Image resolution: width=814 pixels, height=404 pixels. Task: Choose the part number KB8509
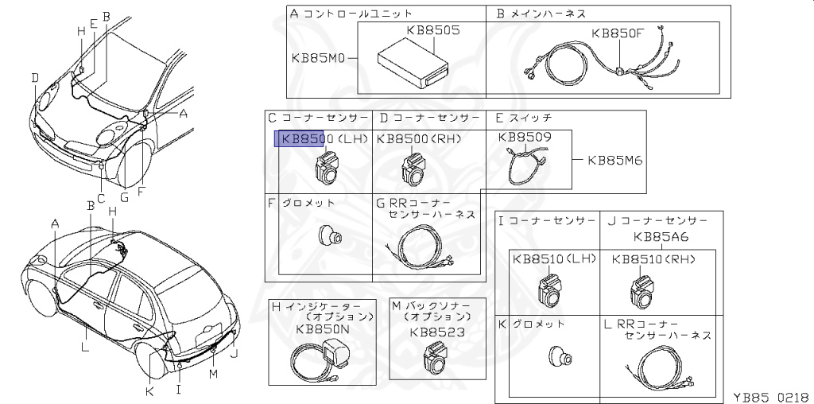click(x=524, y=137)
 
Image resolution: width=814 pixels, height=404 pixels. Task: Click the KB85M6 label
click(x=614, y=159)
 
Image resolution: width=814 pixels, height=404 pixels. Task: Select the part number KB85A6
click(x=661, y=236)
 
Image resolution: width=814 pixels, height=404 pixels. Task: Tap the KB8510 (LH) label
click(x=554, y=259)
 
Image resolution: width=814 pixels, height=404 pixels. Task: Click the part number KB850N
click(x=323, y=328)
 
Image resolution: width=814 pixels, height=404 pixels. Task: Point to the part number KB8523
click(x=437, y=332)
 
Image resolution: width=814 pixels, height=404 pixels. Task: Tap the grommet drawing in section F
click(x=328, y=234)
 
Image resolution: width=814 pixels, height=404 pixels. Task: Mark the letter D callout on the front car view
click(x=35, y=77)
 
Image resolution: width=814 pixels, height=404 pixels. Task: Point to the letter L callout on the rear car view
click(x=85, y=346)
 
